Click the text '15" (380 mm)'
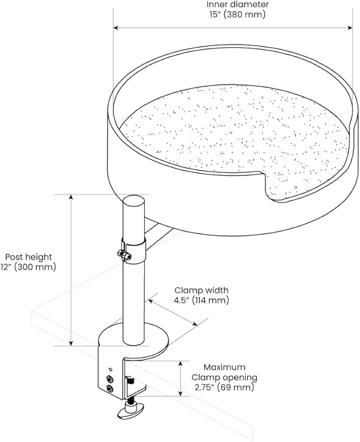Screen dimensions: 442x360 pyautogui.click(x=237, y=14)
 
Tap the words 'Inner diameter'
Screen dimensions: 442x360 pyautogui.click(x=237, y=4)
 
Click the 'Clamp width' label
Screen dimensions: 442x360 pyautogui.click(x=201, y=290)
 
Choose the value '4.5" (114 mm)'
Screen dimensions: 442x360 pyautogui.click(x=201, y=300)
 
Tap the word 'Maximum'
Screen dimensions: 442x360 pyautogui.click(x=226, y=367)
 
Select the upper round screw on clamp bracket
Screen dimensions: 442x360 pyautogui.click(x=109, y=379)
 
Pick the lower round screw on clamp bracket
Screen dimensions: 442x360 pyautogui.click(x=109, y=389)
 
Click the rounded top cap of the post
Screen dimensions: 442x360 pyautogui.click(x=134, y=202)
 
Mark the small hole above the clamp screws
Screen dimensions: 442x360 pyautogui.click(x=110, y=369)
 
